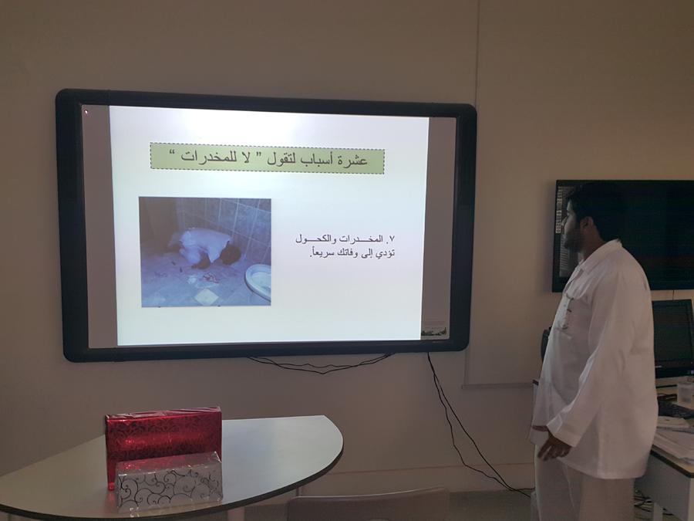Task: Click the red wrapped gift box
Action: (x=163, y=436)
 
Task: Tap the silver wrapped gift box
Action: (x=169, y=481)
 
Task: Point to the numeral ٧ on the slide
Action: (x=391, y=239)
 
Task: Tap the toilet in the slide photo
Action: (x=258, y=280)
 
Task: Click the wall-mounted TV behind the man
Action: (x=624, y=235)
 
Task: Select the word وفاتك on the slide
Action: (x=348, y=254)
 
